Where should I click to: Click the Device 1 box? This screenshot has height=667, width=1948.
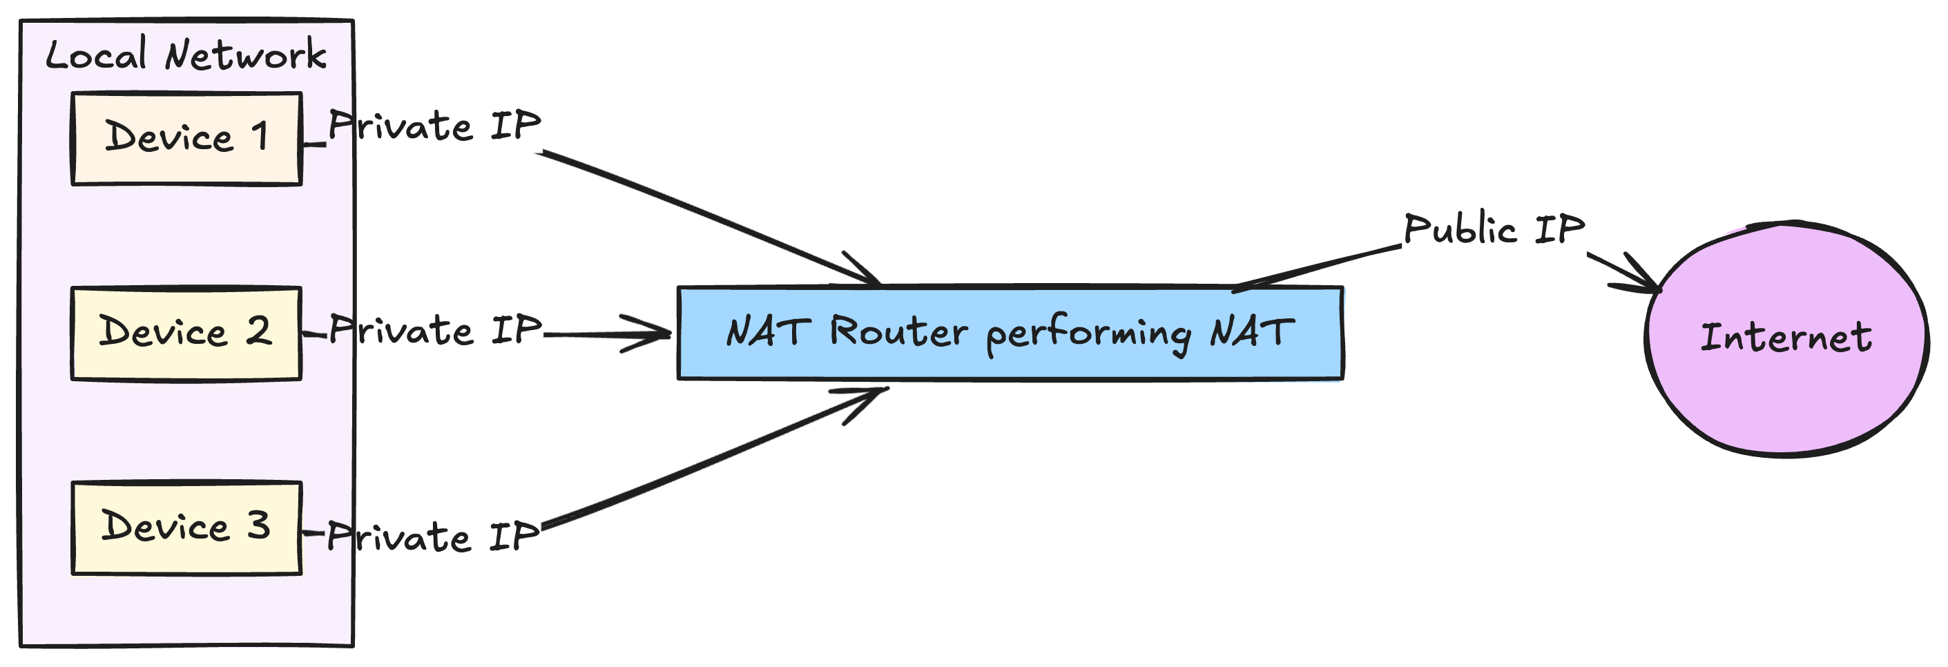tap(186, 138)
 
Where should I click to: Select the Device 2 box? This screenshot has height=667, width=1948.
tap(186, 333)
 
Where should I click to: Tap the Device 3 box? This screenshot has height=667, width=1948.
tap(186, 528)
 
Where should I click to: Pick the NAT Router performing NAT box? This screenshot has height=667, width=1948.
tap(1010, 333)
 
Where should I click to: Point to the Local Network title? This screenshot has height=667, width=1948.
tap(186, 55)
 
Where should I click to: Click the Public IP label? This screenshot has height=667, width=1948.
tap(1494, 229)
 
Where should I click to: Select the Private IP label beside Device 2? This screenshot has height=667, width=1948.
tap(436, 331)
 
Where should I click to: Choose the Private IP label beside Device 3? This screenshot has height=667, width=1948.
tap(433, 536)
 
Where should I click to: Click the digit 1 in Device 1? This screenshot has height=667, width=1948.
tap(260, 137)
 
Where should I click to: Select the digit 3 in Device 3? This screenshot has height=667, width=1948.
tap(259, 525)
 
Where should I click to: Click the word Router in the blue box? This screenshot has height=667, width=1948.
tap(898, 331)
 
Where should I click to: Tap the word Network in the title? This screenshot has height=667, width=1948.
tap(246, 55)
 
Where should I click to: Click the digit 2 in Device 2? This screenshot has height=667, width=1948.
tap(258, 331)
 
